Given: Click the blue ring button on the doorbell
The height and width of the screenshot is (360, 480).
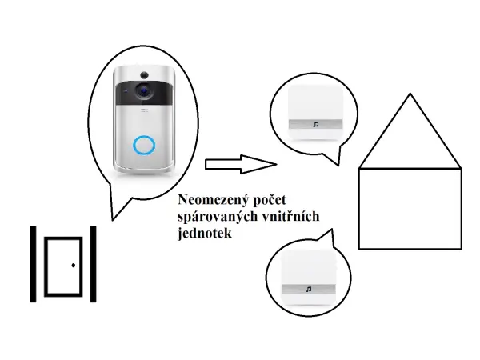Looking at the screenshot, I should click(144, 145).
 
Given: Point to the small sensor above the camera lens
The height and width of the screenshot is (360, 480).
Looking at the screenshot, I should click(144, 74).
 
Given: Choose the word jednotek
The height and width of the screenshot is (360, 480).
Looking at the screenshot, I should click(206, 234).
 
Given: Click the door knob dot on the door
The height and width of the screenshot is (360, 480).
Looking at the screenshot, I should click(73, 265).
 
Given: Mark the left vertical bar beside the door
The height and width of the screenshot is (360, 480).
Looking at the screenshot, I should click(34, 264).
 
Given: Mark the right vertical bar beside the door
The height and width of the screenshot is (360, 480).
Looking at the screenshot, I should click(93, 264).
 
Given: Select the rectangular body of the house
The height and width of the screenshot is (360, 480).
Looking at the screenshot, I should click(410, 208).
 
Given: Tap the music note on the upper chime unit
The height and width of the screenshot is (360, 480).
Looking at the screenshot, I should click(315, 125).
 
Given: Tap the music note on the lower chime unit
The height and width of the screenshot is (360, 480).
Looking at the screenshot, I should click(308, 288).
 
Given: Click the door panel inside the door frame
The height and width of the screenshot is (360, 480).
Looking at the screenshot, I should click(62, 264).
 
